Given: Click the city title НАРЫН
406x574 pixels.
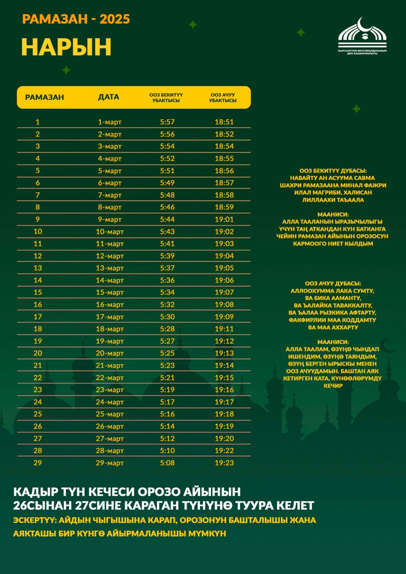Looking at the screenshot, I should coord(66,47).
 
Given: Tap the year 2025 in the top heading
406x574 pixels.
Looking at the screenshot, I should coord(115,19).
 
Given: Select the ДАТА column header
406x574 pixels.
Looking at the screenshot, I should coord(109,97).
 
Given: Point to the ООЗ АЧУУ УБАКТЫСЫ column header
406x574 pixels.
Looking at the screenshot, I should coord(223,98).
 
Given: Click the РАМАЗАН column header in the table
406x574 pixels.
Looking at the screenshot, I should coord(45,97).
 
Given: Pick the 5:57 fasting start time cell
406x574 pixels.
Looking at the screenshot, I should coord(167,122).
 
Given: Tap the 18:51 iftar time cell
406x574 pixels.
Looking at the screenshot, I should coord(224,122).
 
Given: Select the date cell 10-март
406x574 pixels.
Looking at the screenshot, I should coord(110,231).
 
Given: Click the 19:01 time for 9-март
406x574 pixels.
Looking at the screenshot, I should coord(224,219).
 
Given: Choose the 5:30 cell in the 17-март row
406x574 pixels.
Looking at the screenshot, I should coord(167,317).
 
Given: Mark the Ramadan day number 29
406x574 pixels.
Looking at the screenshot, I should coord(38,463).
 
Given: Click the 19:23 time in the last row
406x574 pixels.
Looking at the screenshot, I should coord(224,463).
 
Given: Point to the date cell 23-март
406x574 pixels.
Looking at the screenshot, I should coord(110,390).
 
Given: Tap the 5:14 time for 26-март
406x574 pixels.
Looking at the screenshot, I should coord(167,426).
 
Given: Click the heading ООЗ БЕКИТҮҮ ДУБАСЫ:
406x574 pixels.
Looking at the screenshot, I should coord(333,171).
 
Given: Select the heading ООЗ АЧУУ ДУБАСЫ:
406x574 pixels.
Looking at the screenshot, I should coord(333,283).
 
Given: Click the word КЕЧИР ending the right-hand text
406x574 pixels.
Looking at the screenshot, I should coord(333,386).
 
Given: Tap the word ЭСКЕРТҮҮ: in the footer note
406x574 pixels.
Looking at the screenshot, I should coord(35,520).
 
